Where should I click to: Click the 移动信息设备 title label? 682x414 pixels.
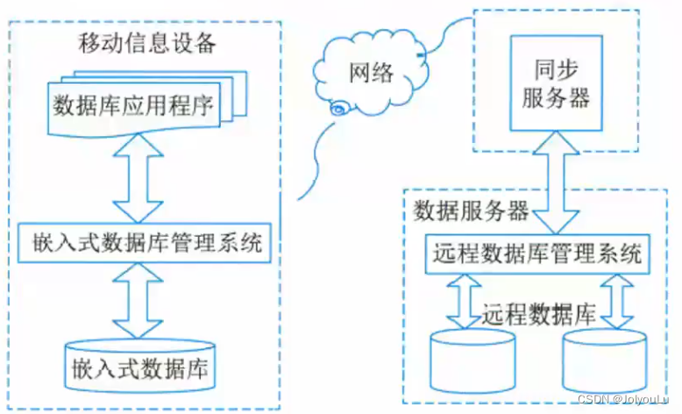click(146, 43)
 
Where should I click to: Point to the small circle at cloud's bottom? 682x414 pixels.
click(337, 110)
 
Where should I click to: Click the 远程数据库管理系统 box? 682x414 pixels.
click(537, 254)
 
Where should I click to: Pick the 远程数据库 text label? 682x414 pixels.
click(538, 313)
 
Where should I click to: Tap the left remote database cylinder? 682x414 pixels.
click(469, 360)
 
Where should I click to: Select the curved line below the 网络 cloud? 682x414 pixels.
click(314, 162)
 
